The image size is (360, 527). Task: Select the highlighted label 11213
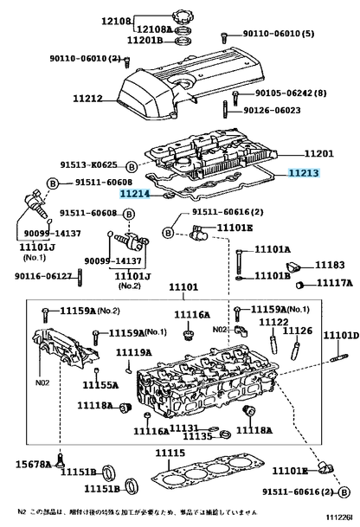click(304, 173)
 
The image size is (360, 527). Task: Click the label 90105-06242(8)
click(290, 93)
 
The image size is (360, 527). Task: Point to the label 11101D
click(341, 335)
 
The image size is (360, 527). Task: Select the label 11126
click(298, 330)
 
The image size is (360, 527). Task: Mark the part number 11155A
click(100, 385)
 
